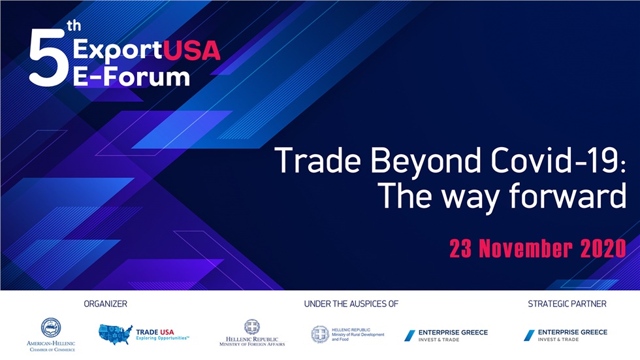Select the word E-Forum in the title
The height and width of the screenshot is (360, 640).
131,76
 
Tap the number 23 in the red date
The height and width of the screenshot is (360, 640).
460,249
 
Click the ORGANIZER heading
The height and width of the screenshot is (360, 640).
105,304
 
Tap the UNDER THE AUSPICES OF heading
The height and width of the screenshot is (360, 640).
351,304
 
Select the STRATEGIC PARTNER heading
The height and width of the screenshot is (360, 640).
567,304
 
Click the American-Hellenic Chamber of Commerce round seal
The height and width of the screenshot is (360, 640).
50,327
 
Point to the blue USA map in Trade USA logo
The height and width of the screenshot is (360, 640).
115,335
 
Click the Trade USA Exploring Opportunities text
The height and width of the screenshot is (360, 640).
162,335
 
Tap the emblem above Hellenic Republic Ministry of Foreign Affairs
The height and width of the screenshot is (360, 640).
251,327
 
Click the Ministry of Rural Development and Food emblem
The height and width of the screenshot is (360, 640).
320,335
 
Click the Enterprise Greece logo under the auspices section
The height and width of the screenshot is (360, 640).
445,335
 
